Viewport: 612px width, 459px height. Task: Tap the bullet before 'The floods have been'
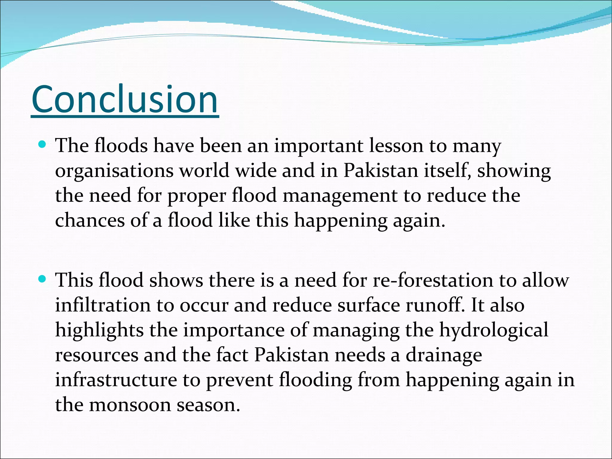point(42,145)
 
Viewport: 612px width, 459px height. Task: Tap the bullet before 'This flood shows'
point(42,279)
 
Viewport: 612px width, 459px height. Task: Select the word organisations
point(114,171)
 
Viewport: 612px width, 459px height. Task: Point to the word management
point(340,196)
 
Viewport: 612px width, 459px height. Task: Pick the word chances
point(90,221)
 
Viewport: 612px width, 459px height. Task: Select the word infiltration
point(103,305)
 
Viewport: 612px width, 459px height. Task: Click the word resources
point(97,356)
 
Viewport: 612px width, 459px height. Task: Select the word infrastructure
point(116,380)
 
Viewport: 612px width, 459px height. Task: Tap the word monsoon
point(130,406)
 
